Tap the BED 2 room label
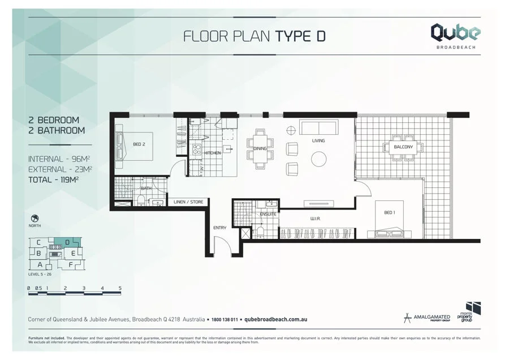pos(139,144)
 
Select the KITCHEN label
pos(213,153)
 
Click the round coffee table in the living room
pos(319,159)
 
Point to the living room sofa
pos(318,127)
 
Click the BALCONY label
pos(403,147)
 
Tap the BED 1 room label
pos(389,212)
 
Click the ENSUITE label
pos(268,214)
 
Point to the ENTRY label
pos(219,228)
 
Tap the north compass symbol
pos(35,218)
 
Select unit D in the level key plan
pos(67,242)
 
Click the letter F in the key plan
pos(71,264)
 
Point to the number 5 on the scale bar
pos(120,288)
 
